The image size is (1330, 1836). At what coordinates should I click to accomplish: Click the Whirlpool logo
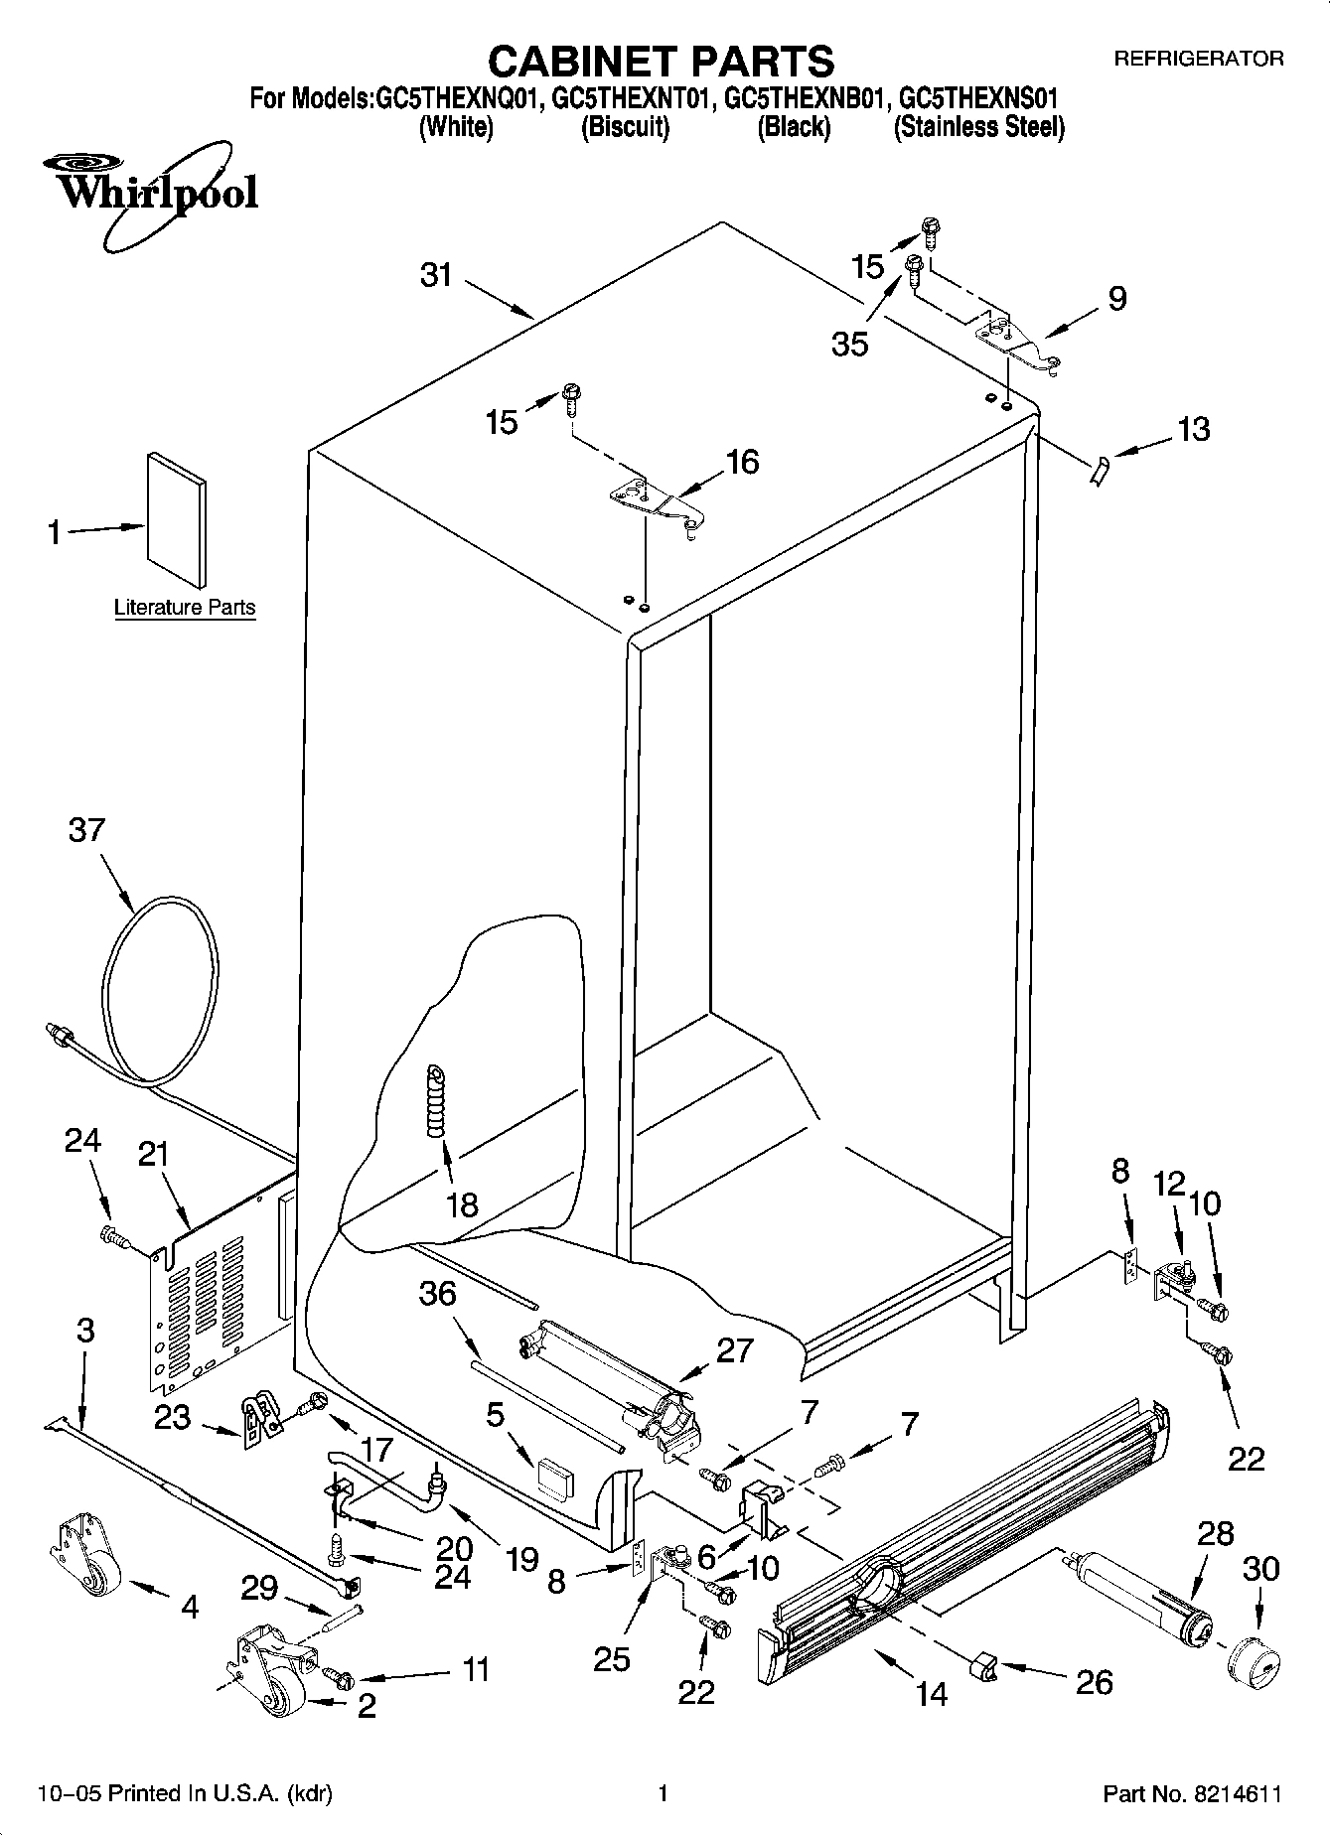[149, 192]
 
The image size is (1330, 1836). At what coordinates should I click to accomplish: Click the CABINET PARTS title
[661, 62]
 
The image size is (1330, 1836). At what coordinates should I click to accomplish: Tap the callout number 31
[436, 275]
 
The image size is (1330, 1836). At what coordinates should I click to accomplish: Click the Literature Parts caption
[185, 608]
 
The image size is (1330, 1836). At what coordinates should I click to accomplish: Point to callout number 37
[86, 829]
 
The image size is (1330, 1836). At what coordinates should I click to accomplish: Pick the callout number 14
[932, 1694]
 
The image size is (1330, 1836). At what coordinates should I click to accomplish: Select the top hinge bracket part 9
[1018, 341]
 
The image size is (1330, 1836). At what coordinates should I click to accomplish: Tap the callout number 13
[1193, 429]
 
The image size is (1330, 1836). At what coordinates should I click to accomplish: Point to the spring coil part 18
[435, 1101]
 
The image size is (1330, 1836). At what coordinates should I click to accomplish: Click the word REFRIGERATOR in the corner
[1198, 59]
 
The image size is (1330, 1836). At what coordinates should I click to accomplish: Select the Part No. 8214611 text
[1192, 1793]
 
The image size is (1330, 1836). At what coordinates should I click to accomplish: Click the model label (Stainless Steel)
[979, 127]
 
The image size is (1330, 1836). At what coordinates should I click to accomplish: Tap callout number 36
[437, 1293]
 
